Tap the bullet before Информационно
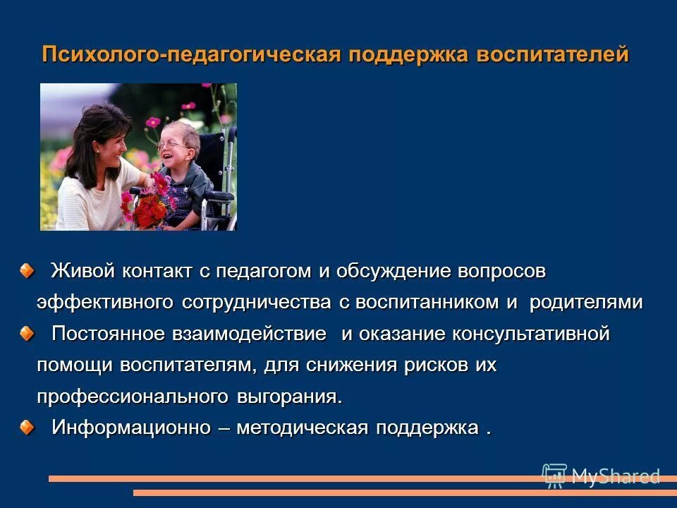tap(25, 426)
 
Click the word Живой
tap(80, 271)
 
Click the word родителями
tap(586, 303)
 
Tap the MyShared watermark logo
tap(601, 476)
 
